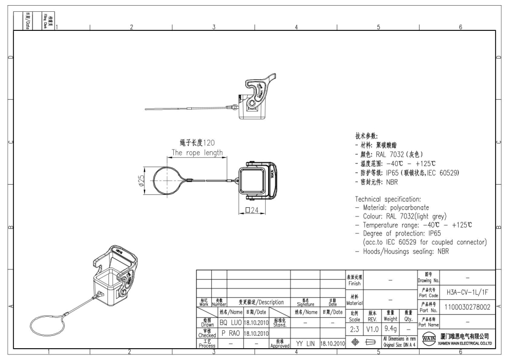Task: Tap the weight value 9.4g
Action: click(390, 327)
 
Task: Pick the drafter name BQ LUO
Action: click(230, 322)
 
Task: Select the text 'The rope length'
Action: click(197, 152)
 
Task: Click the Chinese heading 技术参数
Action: click(367, 136)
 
